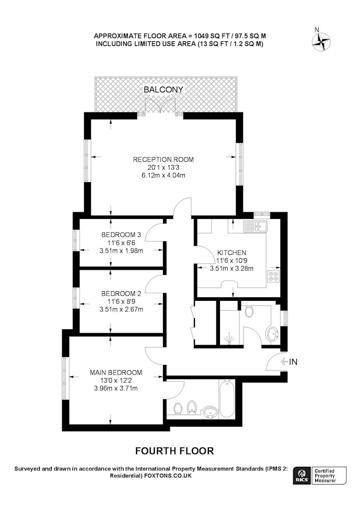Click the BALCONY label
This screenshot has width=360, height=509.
tap(163, 89)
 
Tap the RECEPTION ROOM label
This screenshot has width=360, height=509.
tap(163, 159)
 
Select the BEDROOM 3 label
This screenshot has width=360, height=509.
tap(121, 234)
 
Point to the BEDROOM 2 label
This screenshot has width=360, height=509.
tap(121, 294)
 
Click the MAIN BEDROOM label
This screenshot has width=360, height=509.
tap(116, 373)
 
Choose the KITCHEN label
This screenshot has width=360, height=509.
tap(232, 252)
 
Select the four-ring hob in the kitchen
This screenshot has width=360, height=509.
tap(273, 275)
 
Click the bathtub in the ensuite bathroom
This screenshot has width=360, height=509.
tap(227, 399)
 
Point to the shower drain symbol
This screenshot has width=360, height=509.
tap(230, 338)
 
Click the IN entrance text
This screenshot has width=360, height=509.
tap(293, 361)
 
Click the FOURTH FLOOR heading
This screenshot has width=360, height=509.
tap(175, 451)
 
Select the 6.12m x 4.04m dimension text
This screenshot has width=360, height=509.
tap(163, 175)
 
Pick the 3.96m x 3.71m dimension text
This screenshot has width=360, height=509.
tap(116, 388)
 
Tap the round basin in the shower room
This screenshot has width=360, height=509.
tap(272, 333)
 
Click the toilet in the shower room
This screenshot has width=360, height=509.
tap(250, 311)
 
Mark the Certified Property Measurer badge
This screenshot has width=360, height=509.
tap(328, 476)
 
